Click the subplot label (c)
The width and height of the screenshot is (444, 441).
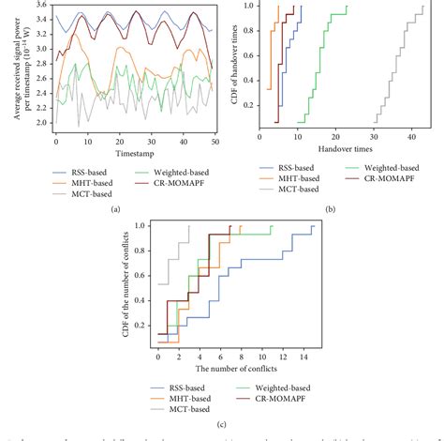tap(219, 426)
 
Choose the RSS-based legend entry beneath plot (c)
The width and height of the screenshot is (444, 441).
tap(192, 386)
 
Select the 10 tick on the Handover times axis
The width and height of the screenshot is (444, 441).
tap(297, 134)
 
